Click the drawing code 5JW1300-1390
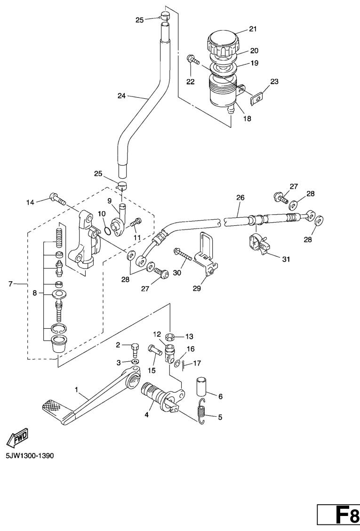click(30, 456)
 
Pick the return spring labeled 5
click(202, 410)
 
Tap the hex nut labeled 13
click(171, 337)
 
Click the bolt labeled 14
click(56, 199)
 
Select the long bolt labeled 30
click(183, 255)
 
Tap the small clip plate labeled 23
click(256, 99)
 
